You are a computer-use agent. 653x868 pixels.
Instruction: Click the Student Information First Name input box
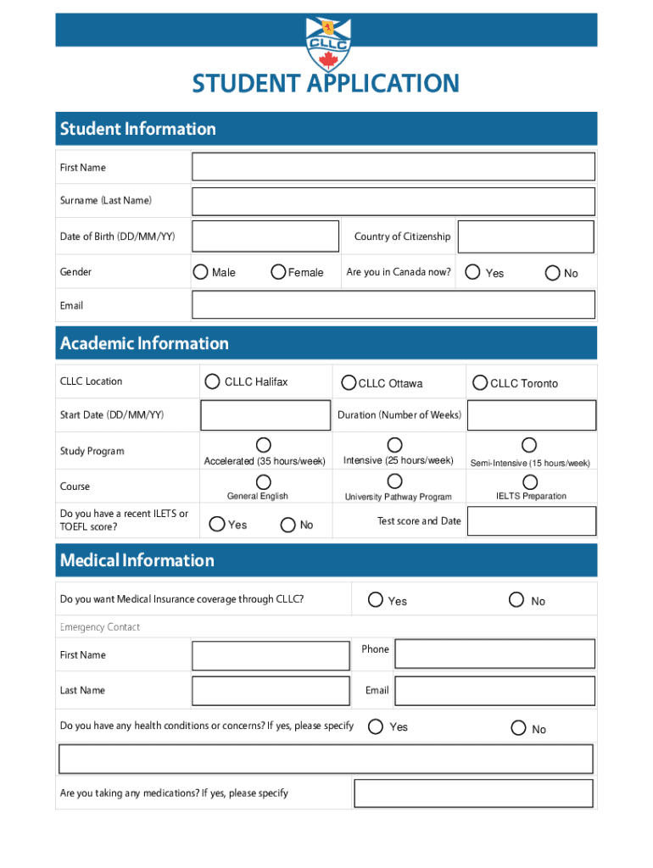tap(393, 167)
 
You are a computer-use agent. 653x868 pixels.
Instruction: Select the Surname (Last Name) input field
tap(393, 202)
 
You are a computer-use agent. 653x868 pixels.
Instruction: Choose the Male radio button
tap(200, 272)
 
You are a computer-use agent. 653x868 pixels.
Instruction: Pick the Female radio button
tap(277, 272)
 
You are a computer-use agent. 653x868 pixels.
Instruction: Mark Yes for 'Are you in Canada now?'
tap(473, 272)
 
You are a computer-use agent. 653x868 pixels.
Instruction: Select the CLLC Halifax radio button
tap(212, 381)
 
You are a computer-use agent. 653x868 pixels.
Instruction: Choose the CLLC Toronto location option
tap(479, 382)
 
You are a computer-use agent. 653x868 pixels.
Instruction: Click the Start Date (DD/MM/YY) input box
tap(264, 415)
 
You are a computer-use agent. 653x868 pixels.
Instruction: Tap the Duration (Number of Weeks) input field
tap(531, 415)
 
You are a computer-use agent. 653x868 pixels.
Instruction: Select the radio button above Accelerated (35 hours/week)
tap(264, 445)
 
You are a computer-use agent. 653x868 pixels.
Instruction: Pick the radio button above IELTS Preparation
tap(529, 481)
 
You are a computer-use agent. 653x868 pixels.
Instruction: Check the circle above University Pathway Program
tap(394, 481)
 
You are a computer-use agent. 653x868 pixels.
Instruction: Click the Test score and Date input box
tap(531, 522)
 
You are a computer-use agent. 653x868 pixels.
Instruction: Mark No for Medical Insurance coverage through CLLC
tap(516, 599)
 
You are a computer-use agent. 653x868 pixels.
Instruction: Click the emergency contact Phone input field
tap(494, 654)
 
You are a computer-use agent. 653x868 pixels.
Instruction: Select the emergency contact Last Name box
tap(271, 690)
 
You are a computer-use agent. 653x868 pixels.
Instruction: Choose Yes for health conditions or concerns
tap(373, 726)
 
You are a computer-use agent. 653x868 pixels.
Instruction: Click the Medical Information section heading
tap(137, 560)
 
